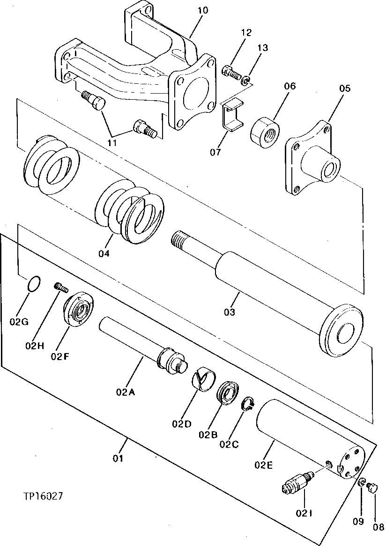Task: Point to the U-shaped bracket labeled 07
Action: pyautogui.click(x=230, y=114)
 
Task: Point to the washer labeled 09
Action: pyautogui.click(x=363, y=483)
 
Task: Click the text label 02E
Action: pyautogui.click(x=264, y=465)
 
